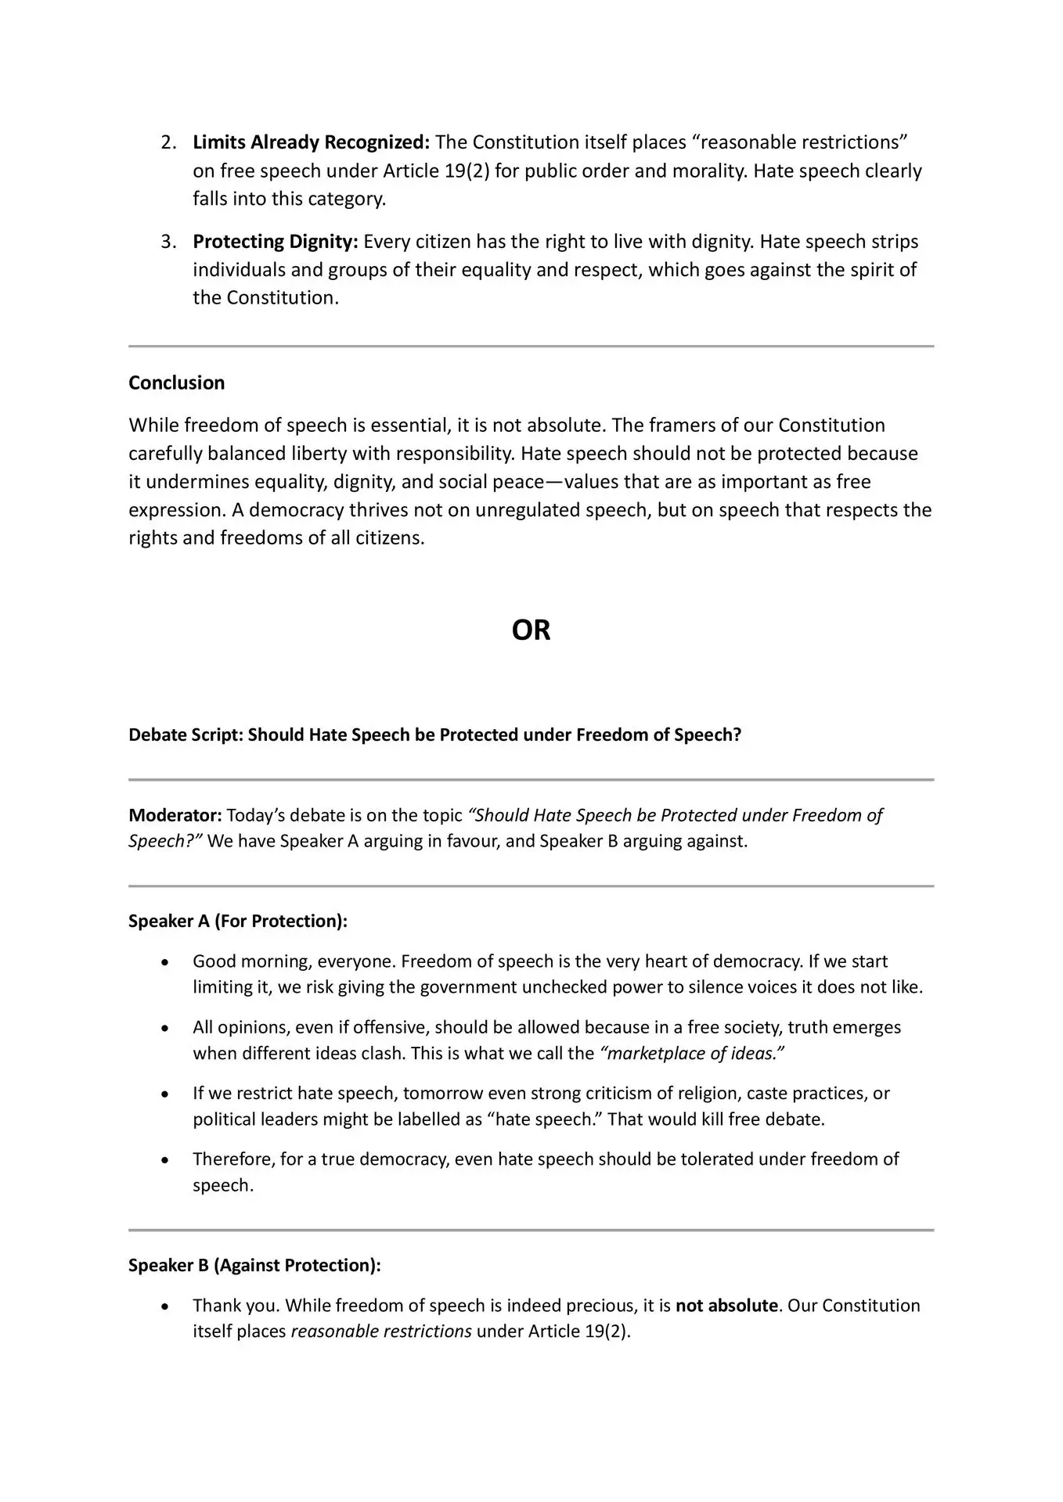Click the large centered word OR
(x=531, y=631)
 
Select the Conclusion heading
(x=176, y=383)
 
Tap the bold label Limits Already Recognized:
(x=311, y=142)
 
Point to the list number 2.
(x=168, y=142)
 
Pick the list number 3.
(x=168, y=241)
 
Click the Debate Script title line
(x=434, y=735)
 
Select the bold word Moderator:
(x=175, y=815)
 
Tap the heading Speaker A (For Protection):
(x=237, y=921)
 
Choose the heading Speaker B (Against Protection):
(x=254, y=1265)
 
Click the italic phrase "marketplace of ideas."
(x=691, y=1053)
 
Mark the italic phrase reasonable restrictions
(x=381, y=1331)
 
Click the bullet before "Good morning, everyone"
(x=164, y=961)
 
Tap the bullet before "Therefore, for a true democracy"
(x=164, y=1159)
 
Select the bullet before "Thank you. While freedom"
(x=164, y=1306)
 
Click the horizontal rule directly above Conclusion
(x=531, y=346)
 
